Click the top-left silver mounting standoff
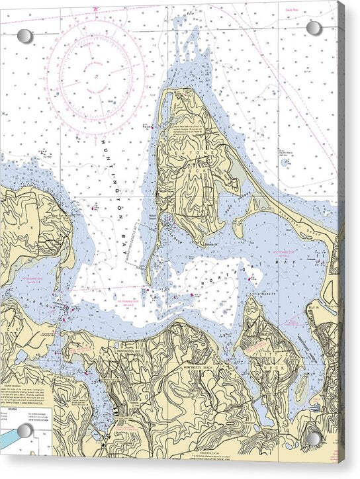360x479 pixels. coord(24,36)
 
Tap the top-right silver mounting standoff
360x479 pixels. coord(314,28)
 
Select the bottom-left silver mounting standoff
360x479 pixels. coord(25,431)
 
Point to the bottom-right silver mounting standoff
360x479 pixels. coord(314,439)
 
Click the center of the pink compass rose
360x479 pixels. coord(96,71)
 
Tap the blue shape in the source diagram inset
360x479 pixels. coord(9,438)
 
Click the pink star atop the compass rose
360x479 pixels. coord(96,9)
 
